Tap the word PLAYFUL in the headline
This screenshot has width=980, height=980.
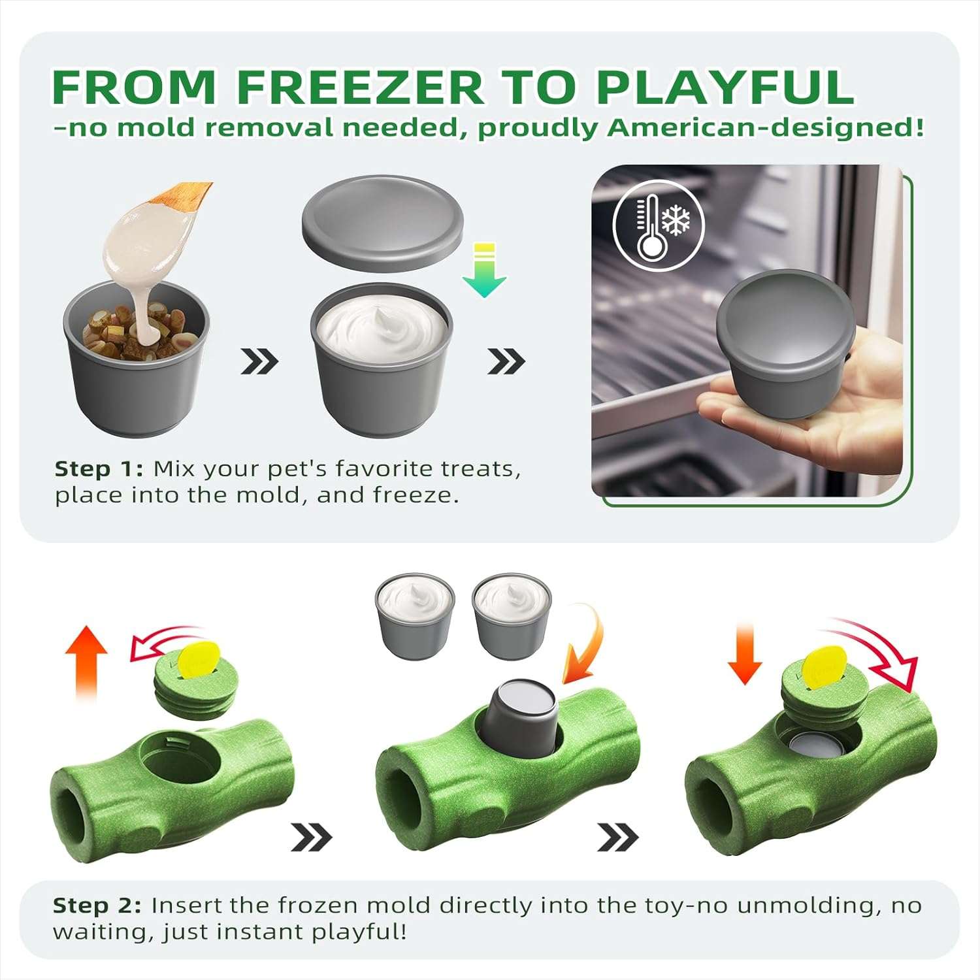725,87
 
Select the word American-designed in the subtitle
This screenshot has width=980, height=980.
765,127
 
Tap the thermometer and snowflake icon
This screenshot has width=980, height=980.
659,225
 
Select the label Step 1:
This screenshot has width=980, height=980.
99,469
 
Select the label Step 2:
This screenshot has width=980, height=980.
97,906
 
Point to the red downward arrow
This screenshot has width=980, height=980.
745,653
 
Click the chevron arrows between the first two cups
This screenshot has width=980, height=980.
259,361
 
